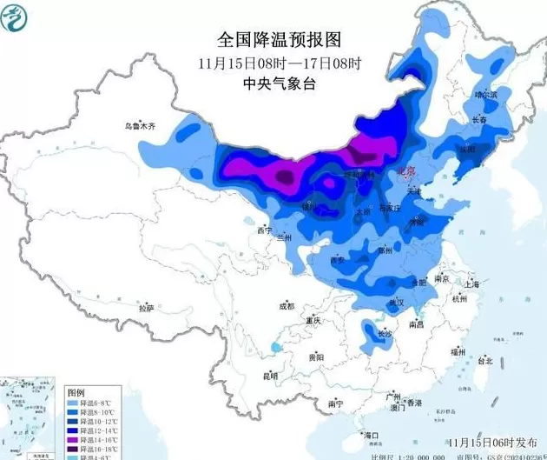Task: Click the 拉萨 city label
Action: click(x=145, y=308)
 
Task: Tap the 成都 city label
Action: click(x=286, y=306)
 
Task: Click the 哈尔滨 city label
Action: click(x=487, y=94)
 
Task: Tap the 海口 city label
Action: click(x=372, y=434)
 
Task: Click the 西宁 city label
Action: click(x=266, y=230)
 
